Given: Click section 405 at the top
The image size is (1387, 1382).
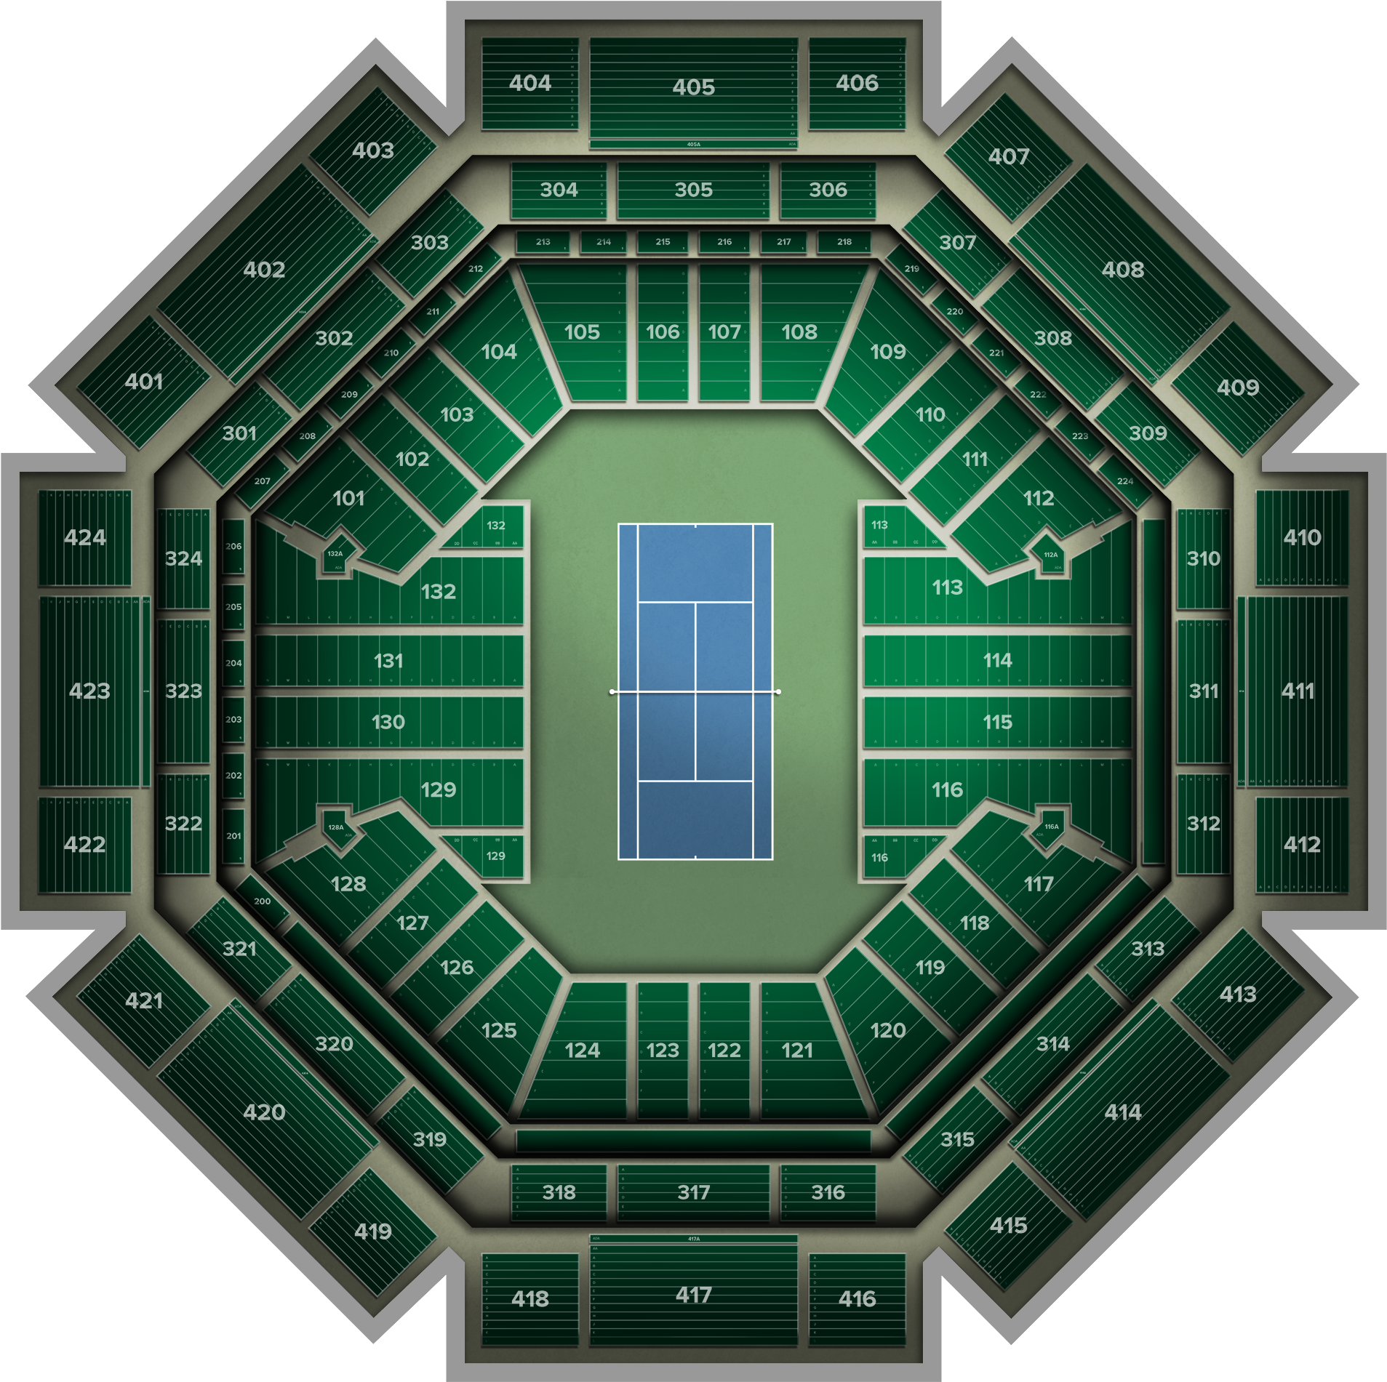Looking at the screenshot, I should (x=693, y=87).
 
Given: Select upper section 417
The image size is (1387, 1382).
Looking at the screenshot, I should (x=693, y=1295).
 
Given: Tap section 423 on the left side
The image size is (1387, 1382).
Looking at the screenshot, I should (x=89, y=691).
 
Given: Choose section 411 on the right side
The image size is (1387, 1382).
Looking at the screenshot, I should (x=1298, y=691).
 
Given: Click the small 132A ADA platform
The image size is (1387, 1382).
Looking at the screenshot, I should (x=335, y=555).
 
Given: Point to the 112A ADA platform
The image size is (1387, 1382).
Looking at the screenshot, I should (x=1051, y=555).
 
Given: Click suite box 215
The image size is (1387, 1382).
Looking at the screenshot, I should (x=663, y=242).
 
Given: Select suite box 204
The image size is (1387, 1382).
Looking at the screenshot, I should (x=233, y=663).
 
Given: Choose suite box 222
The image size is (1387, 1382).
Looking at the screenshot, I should (x=1038, y=395).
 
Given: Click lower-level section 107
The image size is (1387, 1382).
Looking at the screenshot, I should (x=724, y=332).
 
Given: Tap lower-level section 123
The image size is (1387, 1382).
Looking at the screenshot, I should (x=663, y=1050).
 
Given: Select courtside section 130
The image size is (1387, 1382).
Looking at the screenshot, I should (x=388, y=722).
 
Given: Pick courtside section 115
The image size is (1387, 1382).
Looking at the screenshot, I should (x=997, y=722).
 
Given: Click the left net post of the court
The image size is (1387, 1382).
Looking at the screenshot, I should (x=612, y=691).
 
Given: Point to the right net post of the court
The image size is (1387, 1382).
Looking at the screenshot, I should (x=778, y=691).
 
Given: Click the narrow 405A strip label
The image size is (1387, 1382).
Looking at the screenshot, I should (x=693, y=145).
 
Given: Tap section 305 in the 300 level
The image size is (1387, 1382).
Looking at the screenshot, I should (x=693, y=190).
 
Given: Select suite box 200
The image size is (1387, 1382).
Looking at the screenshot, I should (x=263, y=901).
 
